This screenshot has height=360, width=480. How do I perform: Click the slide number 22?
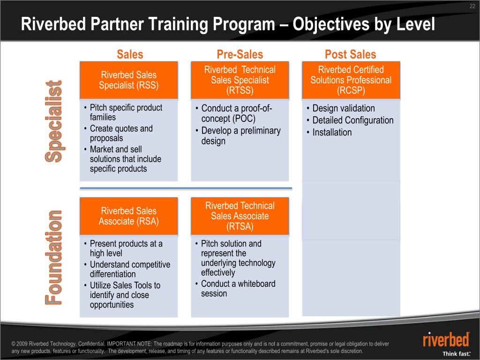pos(472,6)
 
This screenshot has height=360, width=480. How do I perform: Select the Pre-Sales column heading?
pos(240,54)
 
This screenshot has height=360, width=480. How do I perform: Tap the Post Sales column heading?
pos(350,54)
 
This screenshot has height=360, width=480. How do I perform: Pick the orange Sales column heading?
pos(130,54)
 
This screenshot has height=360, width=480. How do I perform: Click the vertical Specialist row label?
pos(53,122)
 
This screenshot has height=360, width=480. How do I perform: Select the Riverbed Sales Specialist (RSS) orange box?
pos(129,80)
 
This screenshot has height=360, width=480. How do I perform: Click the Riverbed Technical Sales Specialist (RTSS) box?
pos(240,80)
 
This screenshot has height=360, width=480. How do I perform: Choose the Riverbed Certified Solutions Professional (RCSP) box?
pos(351,80)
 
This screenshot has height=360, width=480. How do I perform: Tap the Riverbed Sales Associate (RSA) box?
pos(129,216)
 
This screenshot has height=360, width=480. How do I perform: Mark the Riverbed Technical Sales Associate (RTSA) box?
pos(240,216)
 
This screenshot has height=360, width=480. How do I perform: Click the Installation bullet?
pos(332,133)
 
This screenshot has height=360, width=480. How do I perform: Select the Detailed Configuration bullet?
pos(352,120)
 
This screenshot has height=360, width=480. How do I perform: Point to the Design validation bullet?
pos(344,108)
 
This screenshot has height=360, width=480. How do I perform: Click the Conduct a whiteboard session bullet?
pos(238,289)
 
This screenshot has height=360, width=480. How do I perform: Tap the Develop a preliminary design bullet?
pos(240,136)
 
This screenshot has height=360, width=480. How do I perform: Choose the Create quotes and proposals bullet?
pos(121,133)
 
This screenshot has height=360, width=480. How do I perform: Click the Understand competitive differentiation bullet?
pos(129,270)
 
